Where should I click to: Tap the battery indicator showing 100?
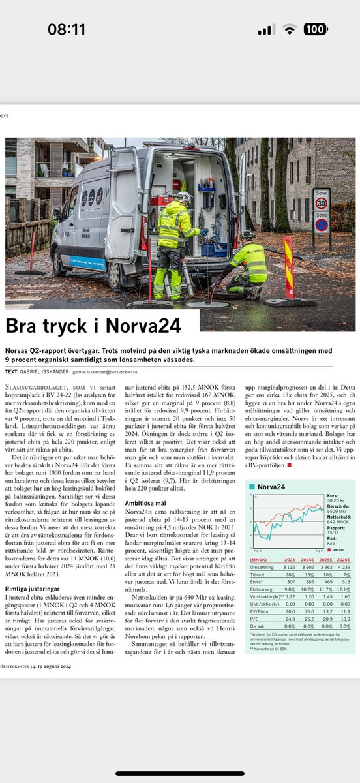click(316, 29)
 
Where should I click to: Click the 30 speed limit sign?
click(321, 202)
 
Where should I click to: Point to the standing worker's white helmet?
click(184, 196)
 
